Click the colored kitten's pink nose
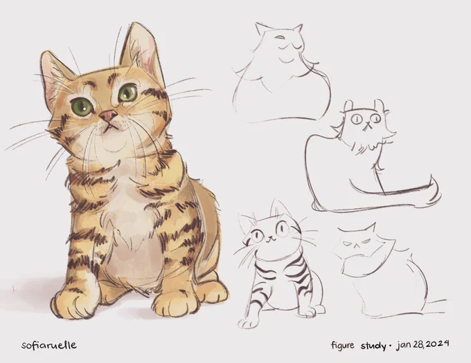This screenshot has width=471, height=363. (108, 115)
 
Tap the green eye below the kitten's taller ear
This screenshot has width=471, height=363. (127, 93)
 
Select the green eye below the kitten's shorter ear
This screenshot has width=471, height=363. (82, 106)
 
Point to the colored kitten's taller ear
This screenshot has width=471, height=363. (140, 51)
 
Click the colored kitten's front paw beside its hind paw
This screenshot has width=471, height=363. (176, 304)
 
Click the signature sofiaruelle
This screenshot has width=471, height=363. (49, 345)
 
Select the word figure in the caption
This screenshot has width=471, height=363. (343, 345)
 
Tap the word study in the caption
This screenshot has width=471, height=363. (373, 346)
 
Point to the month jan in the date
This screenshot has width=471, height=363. (404, 345)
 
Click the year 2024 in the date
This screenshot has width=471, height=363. (437, 344)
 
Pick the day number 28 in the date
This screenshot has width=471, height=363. (418, 344)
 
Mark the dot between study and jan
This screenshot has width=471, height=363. (390, 346)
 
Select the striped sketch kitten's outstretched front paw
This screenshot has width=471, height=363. (247, 324)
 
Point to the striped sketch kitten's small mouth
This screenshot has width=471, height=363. (272, 239)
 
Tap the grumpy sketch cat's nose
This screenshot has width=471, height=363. (356, 245)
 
